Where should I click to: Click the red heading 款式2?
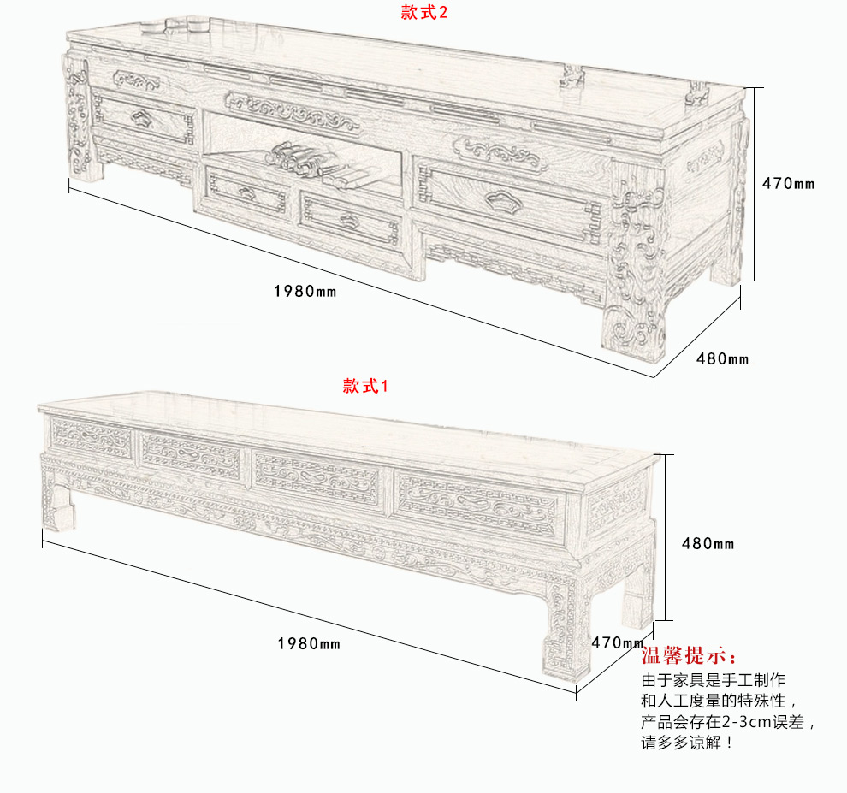click(x=424, y=12)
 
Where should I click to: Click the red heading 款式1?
click(x=365, y=386)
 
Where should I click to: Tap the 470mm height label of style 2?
click(x=788, y=183)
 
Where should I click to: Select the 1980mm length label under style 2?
click(x=305, y=291)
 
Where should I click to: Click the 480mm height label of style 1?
click(x=708, y=543)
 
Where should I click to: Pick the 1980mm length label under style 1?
click(x=309, y=643)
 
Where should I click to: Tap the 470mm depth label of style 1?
click(x=617, y=642)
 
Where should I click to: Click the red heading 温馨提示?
click(x=689, y=656)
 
